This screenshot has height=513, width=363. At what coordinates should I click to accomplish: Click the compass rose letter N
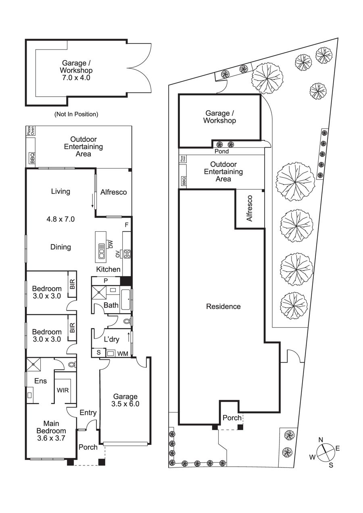pyautogui.click(x=321, y=440)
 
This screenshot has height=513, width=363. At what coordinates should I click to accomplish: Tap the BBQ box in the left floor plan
pyautogui.click(x=32, y=158)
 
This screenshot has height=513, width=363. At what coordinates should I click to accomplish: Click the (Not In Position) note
pyautogui.click(x=76, y=114)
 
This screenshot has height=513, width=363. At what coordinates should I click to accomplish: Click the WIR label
pyautogui.click(x=63, y=390)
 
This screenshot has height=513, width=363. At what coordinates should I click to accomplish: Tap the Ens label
pyautogui.click(x=40, y=380)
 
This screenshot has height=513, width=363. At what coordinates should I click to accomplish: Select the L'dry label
pyautogui.click(x=112, y=339)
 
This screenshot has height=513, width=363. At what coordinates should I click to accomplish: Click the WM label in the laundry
pyautogui.click(x=123, y=353)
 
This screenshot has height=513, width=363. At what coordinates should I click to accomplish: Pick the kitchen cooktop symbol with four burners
pyautogui.click(x=127, y=254)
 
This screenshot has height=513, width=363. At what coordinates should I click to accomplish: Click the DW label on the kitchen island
pyautogui.click(x=110, y=244)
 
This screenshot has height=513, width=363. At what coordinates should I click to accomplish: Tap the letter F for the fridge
pyautogui.click(x=126, y=225)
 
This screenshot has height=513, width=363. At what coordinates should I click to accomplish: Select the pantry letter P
pyautogui.click(x=106, y=280)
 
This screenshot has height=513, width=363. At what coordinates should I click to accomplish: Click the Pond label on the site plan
pyautogui.click(x=221, y=152)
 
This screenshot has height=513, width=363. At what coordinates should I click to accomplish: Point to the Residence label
pyautogui.click(x=223, y=307)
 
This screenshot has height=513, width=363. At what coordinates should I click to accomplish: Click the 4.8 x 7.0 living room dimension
pyautogui.click(x=60, y=219)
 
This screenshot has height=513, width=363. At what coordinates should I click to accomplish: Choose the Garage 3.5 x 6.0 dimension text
pyautogui.click(x=125, y=404)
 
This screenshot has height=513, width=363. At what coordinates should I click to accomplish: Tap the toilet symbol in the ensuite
pyautogui.click(x=72, y=364)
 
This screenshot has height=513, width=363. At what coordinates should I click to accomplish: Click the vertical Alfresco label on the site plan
pyautogui.click(x=249, y=208)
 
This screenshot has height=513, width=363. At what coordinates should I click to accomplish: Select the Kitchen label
pyautogui.click(x=108, y=269)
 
